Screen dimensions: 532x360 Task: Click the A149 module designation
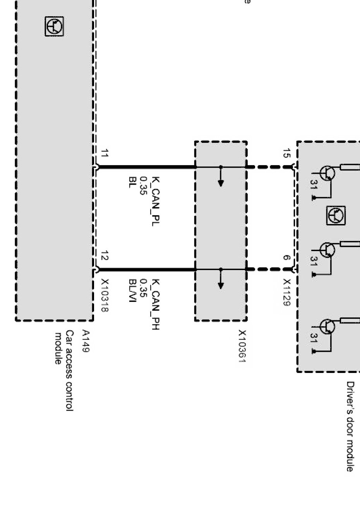[86, 341]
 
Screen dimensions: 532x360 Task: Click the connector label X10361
[242, 347]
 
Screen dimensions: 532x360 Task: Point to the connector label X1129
[286, 293]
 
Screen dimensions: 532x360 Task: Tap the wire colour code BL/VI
[133, 291]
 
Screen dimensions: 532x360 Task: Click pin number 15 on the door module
[286, 153]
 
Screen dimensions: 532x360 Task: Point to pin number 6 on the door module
[286, 258]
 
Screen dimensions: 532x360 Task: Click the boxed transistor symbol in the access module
[54, 27]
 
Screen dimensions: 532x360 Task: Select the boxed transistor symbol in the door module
[336, 216]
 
